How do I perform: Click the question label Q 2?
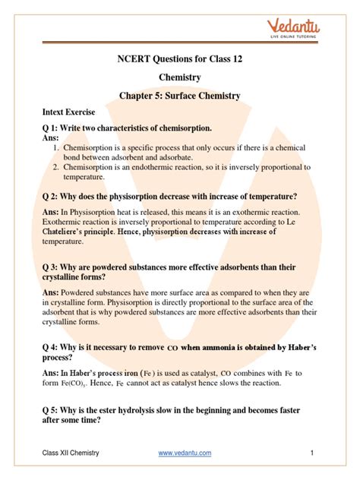[54, 196]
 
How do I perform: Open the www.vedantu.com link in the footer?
[185, 453]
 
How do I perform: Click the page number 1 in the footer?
[312, 453]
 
